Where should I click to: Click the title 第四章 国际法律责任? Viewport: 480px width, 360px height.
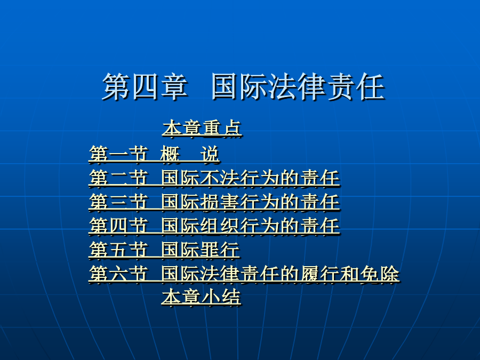tap(243, 87)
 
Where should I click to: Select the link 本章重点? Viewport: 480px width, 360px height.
tap(202, 128)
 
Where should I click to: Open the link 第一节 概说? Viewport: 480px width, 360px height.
tap(154, 154)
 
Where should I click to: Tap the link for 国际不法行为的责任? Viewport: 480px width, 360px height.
tap(250, 178)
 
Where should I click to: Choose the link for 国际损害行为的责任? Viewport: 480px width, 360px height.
tap(250, 202)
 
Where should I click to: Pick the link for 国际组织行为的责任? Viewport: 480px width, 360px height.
tap(250, 226)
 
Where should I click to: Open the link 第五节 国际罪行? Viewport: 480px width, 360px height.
tap(164, 250)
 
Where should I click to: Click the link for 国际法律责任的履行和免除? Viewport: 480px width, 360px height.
tap(280, 274)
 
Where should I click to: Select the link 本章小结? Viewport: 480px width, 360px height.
tap(201, 297)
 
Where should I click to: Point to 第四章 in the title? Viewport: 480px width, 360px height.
tap(145, 87)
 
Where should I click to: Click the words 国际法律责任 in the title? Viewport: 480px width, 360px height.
tap(298, 87)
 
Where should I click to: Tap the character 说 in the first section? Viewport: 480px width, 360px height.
tap(210, 154)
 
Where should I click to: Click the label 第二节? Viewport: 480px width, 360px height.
tap(118, 178)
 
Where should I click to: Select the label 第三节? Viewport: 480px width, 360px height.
tap(118, 202)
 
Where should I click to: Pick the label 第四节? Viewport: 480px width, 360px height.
tap(118, 226)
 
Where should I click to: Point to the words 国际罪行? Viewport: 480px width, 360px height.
tap(200, 250)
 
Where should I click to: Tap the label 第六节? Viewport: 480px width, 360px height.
tap(118, 274)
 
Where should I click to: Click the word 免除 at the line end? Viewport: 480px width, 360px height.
tap(380, 274)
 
